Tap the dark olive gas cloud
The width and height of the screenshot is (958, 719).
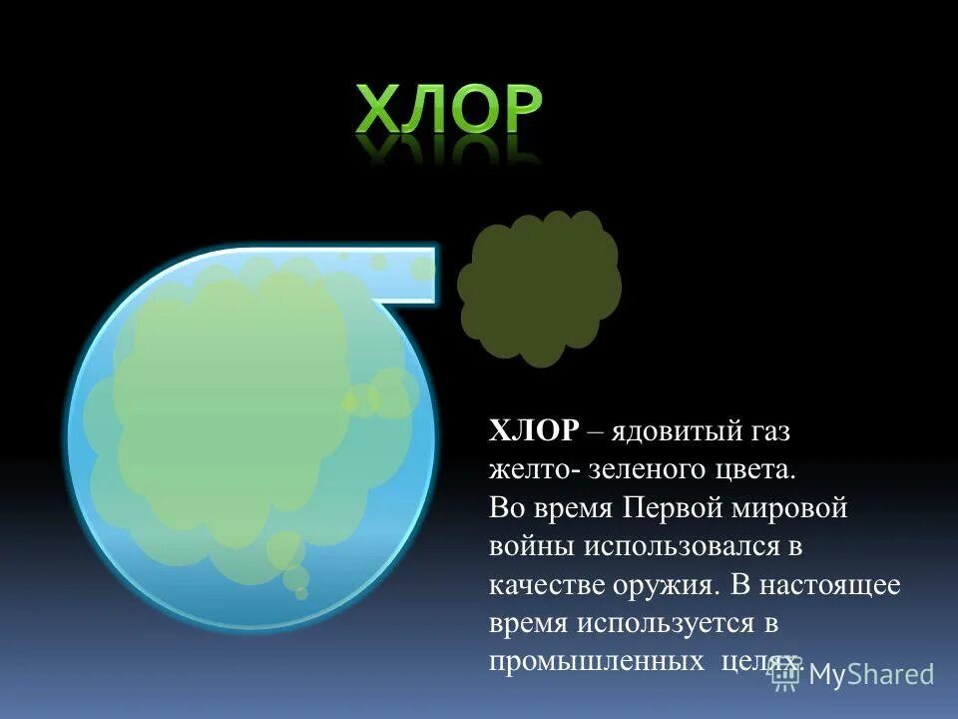[539, 287]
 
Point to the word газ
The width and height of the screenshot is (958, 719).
[767, 431]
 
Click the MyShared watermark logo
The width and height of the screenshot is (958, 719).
[853, 674]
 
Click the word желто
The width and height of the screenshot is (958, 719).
[522, 469]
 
